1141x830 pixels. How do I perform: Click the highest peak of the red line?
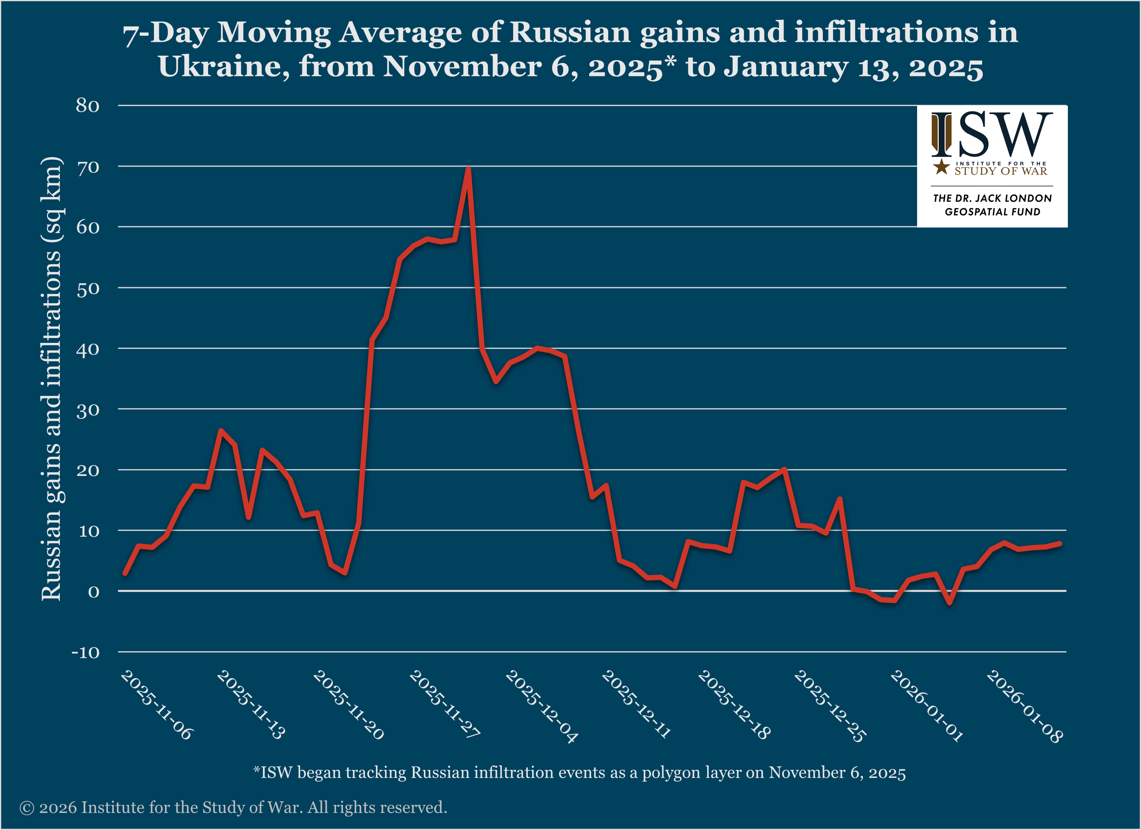(468, 169)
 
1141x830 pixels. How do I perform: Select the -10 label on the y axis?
(85, 653)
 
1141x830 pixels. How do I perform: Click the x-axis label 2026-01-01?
(926, 706)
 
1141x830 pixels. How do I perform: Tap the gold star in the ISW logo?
(941, 167)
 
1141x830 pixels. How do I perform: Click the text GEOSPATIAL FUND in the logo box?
(992, 212)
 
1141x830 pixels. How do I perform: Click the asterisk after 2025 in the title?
(670, 61)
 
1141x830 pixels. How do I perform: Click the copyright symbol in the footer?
(27, 808)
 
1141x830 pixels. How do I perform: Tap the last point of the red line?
(1059, 544)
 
